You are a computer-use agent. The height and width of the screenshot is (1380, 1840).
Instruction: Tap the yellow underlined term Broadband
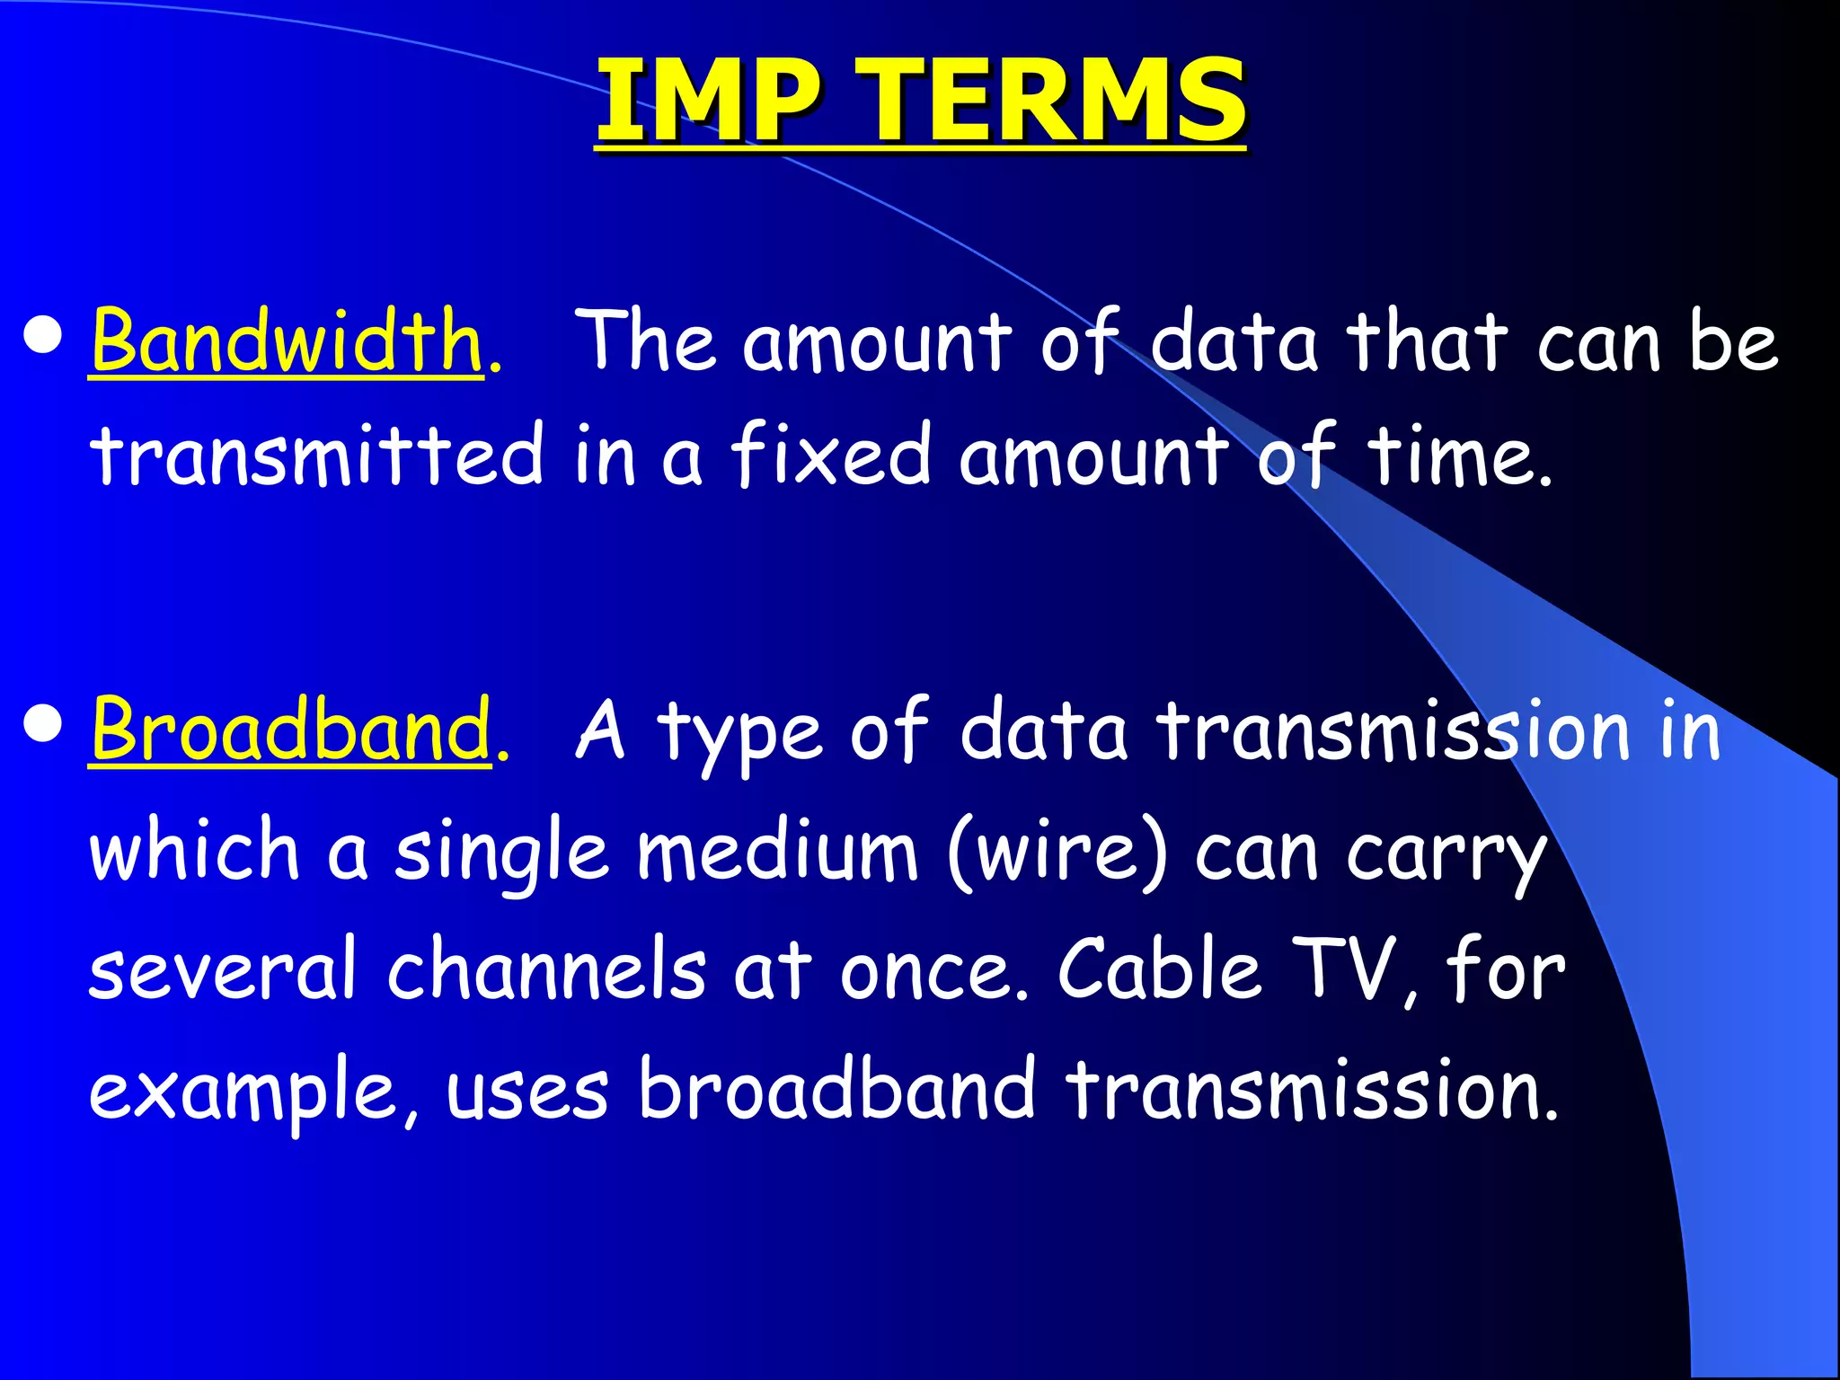291,730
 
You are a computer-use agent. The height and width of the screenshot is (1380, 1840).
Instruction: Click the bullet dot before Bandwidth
44,336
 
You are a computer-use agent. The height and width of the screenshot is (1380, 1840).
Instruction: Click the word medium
778,850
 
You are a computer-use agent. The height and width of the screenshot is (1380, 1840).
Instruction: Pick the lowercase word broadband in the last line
836,1089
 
